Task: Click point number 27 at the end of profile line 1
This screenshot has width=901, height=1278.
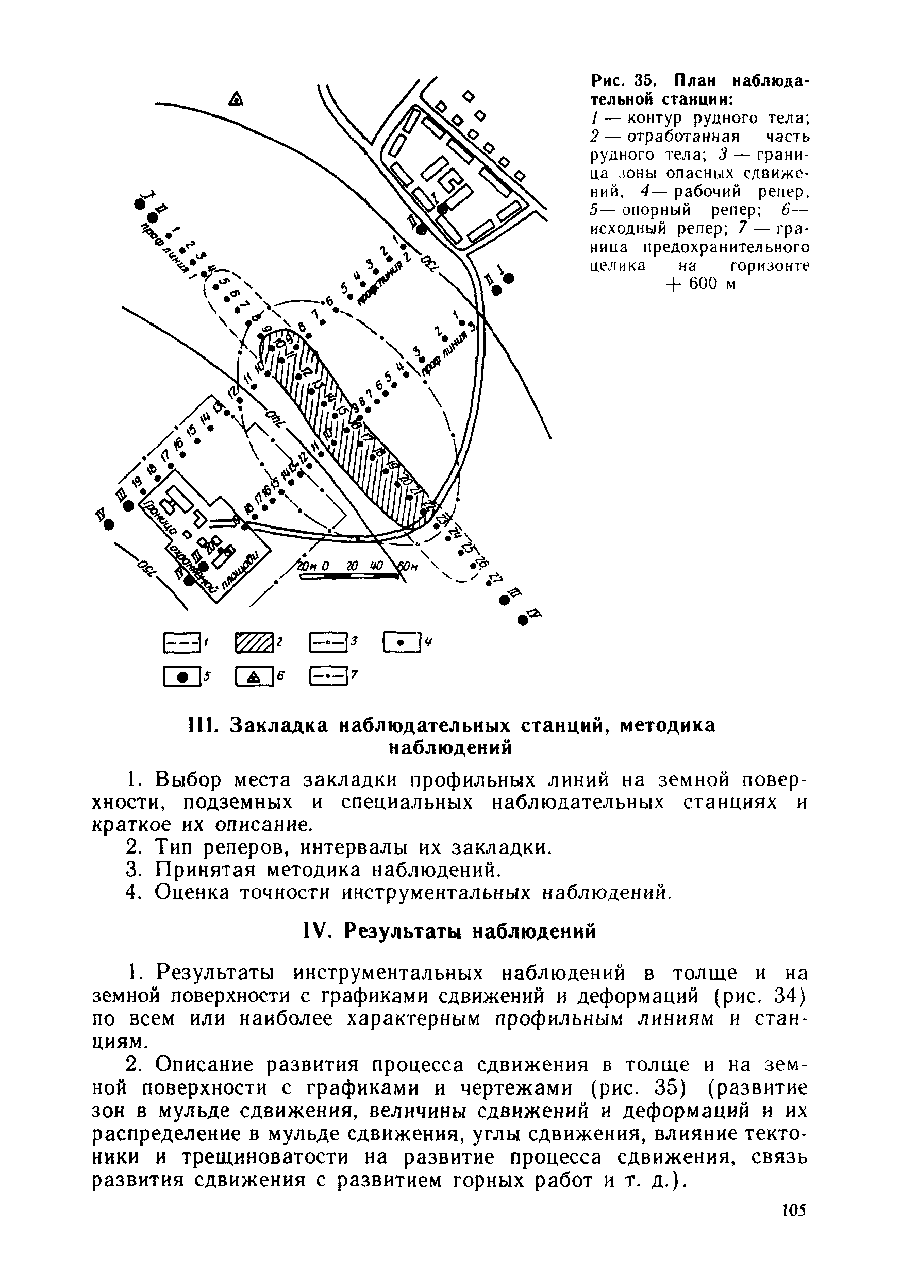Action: [493, 579]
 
